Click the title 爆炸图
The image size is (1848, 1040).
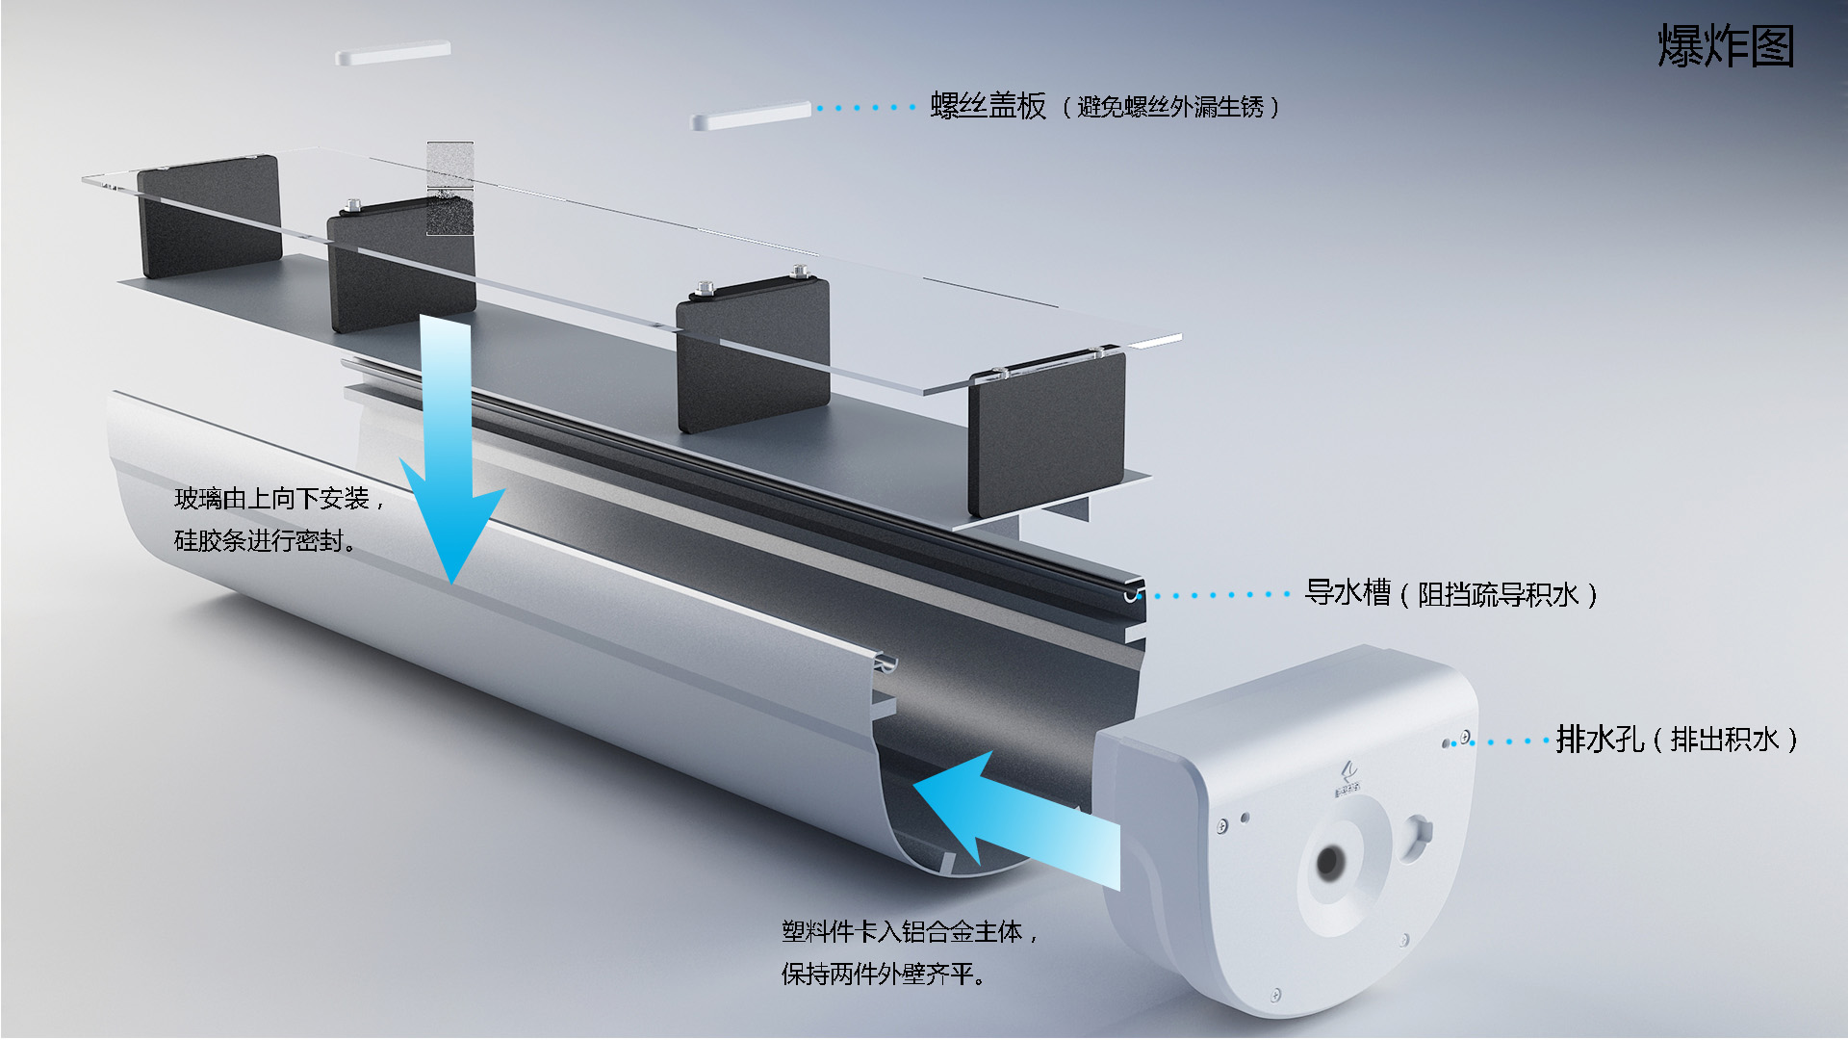(1726, 46)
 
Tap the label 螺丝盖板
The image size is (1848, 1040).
(988, 106)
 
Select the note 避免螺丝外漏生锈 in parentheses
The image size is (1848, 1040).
(1170, 107)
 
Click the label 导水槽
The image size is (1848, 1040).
(1347, 592)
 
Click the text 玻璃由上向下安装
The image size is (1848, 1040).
(271, 499)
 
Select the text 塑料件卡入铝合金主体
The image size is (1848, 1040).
(902, 932)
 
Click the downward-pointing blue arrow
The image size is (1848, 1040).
(449, 453)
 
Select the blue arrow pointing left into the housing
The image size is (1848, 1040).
(1015, 820)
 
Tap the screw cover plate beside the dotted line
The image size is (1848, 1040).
(751, 116)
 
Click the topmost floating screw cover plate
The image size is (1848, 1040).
(393, 53)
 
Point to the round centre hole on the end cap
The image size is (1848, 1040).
(1331, 862)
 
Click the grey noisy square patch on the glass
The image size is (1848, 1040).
(449, 189)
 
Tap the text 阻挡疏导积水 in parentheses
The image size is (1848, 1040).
(1498, 595)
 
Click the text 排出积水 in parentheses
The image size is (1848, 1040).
(1725, 741)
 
